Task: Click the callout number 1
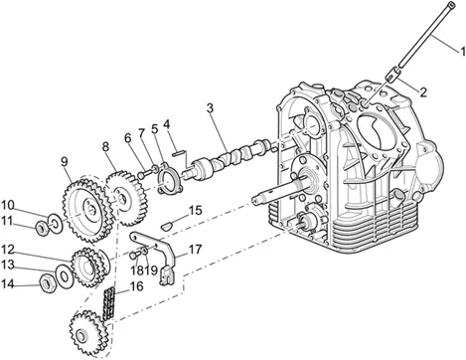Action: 462,52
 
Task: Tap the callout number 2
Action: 423,91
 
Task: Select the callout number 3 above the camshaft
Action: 210,108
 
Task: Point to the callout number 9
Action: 65,161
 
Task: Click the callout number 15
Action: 196,210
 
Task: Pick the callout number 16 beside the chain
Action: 137,286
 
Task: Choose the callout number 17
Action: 196,250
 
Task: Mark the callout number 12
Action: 8,249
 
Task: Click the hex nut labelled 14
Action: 47,283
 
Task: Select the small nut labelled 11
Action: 42,228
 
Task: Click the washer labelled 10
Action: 55,223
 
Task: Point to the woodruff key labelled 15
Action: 167,226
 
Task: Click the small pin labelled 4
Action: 178,153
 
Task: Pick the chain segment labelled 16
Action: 109,303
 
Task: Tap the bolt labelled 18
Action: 133,255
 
